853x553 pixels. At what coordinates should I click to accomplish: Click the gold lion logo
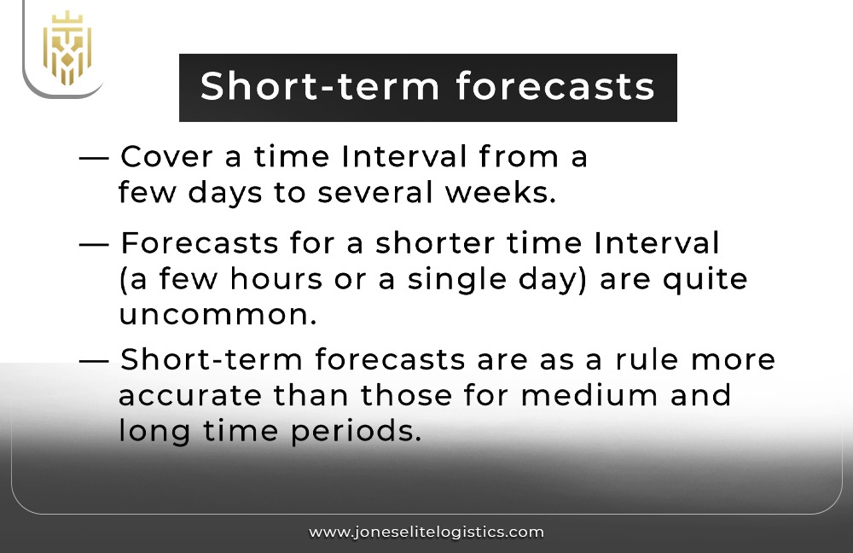(67, 48)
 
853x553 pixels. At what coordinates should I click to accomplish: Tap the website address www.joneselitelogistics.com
(426, 532)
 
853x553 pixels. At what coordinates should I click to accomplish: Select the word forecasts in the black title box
(554, 87)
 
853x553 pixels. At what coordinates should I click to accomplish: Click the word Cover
(165, 157)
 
